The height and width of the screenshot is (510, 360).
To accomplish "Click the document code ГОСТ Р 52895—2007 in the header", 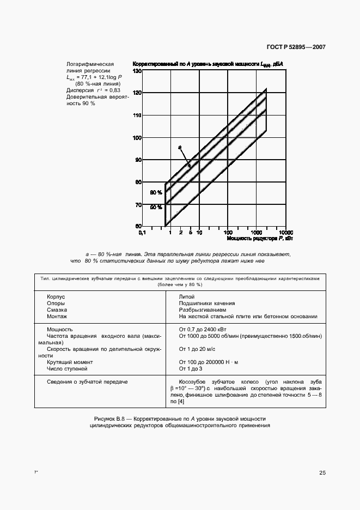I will click(295, 47).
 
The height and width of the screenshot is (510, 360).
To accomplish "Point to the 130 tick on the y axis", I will click(137, 71).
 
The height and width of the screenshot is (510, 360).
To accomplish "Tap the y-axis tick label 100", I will click(137, 138).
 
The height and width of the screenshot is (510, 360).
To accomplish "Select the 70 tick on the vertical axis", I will click(138, 205).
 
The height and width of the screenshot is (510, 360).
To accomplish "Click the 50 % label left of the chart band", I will click(156, 207).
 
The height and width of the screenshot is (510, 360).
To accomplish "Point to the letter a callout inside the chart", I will click(178, 147).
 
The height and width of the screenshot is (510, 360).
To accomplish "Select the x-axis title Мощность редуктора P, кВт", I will click(260, 239).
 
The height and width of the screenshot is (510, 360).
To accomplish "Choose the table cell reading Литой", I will click(186, 296).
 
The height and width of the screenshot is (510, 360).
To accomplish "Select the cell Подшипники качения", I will click(207, 303).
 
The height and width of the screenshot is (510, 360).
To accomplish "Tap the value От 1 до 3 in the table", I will click(191, 368).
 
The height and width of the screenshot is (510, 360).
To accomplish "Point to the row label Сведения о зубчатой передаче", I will click(87, 381).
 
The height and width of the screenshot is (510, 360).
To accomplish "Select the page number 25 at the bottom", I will click(322, 472).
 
